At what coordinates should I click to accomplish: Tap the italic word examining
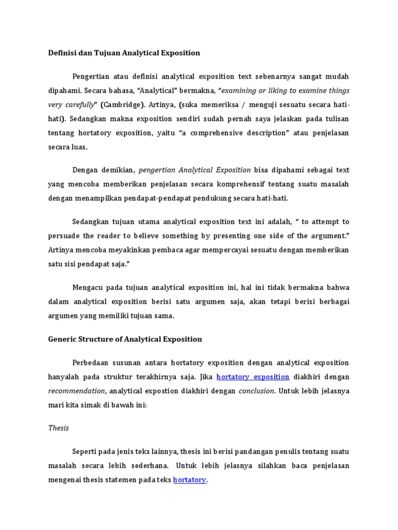pos(242,91)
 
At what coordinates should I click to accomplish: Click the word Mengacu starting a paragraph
pos(89,287)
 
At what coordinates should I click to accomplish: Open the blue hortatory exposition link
pos(252,376)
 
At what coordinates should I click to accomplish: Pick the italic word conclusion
pos(256,390)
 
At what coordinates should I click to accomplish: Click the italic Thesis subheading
pos(59,428)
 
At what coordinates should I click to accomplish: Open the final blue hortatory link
pos(190,480)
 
